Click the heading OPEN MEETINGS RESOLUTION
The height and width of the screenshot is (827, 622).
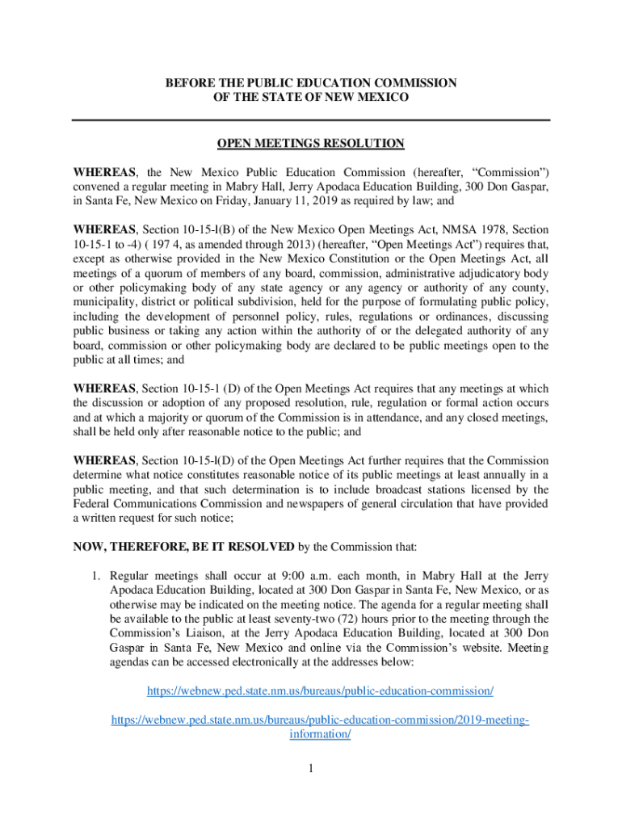311,144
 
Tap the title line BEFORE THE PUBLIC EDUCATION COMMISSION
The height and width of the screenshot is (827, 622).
311,83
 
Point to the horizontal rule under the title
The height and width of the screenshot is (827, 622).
311,120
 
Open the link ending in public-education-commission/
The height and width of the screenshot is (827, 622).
320,691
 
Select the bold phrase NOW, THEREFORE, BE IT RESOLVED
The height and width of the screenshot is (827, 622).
184,547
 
